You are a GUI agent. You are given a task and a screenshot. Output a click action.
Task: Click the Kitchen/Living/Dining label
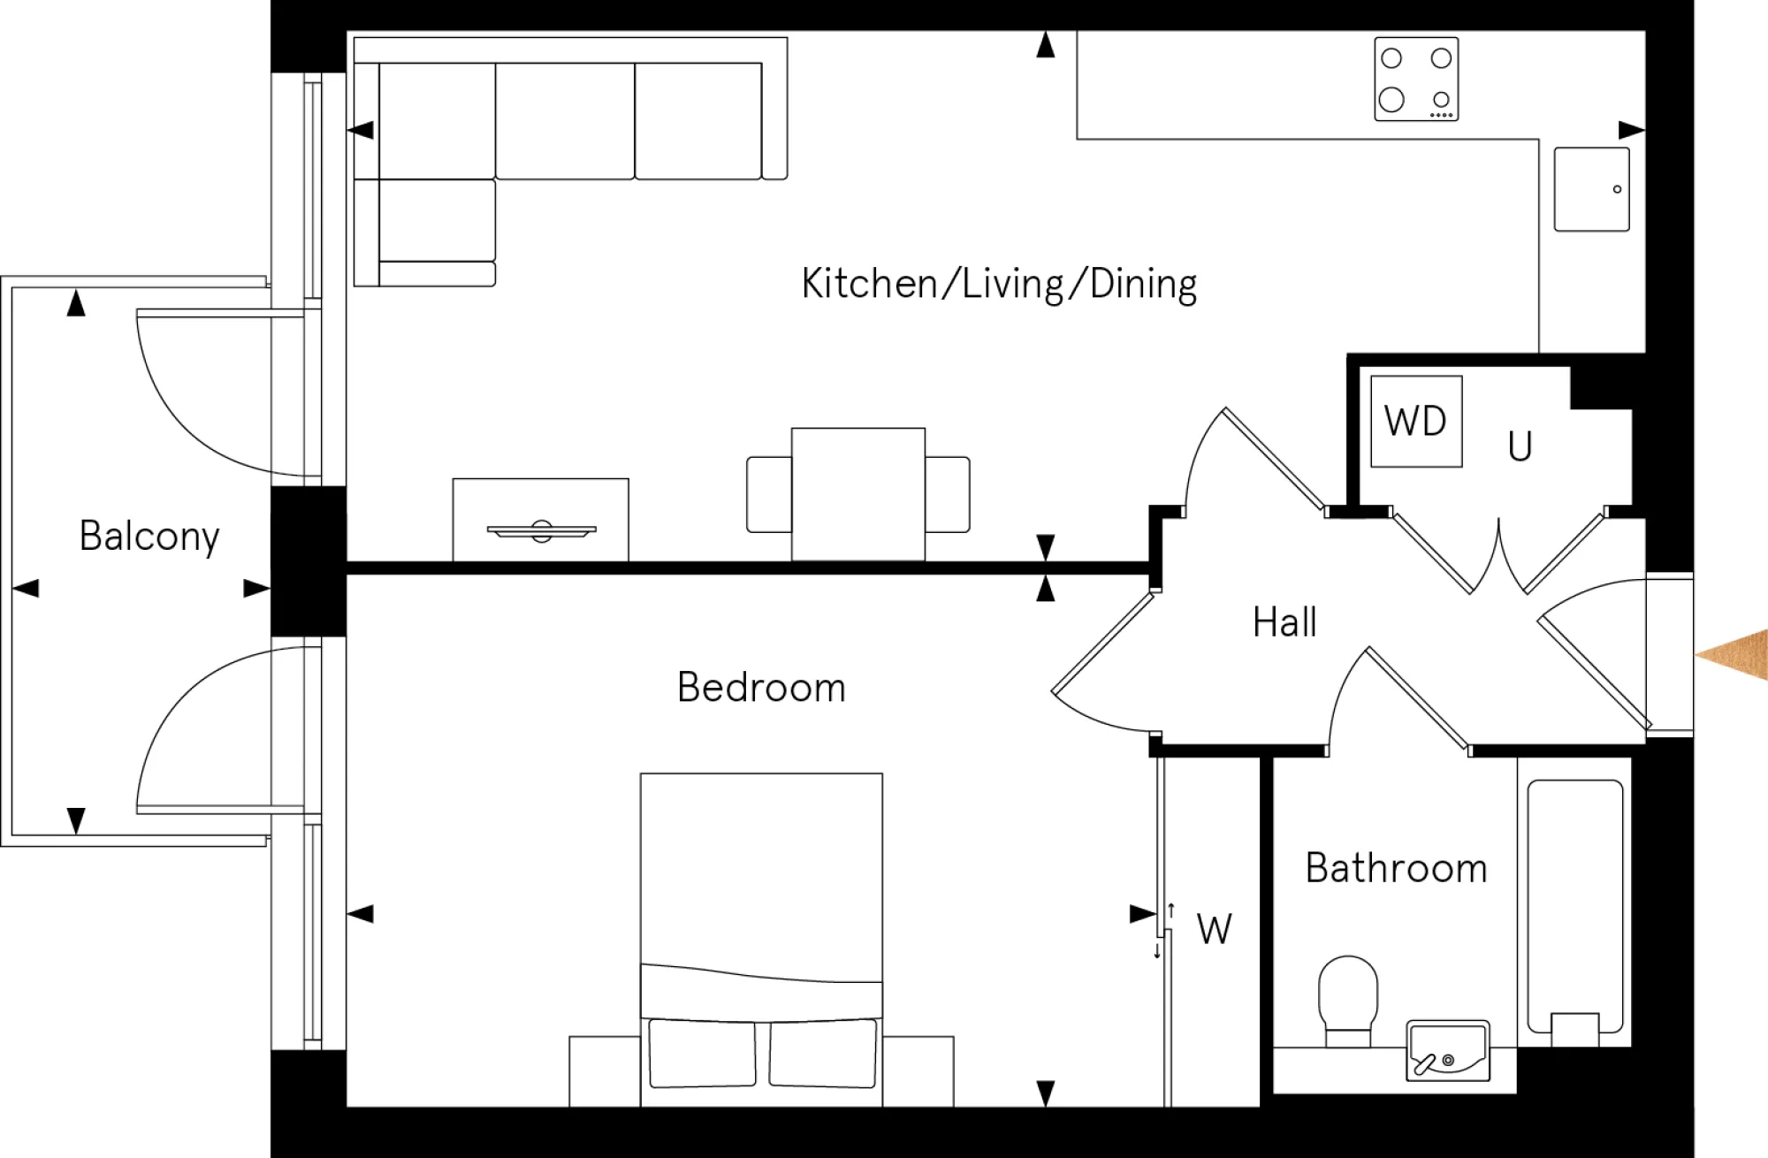pos(999,285)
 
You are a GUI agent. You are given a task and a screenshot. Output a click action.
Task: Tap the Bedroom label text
pos(761,688)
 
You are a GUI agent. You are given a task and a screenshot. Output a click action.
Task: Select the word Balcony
pos(149,537)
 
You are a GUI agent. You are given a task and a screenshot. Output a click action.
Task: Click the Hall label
pos(1284,622)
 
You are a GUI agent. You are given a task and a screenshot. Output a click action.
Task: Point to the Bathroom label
pos(1396,868)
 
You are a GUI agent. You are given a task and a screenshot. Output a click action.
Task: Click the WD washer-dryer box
pos(1416,422)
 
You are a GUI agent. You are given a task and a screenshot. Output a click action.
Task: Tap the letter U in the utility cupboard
pos(1520,447)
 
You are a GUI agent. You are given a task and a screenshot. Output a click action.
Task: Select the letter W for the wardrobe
pos(1214,930)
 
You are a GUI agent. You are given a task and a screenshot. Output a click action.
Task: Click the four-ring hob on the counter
pos(1416,80)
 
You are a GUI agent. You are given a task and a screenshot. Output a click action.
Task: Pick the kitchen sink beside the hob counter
pos(1591,189)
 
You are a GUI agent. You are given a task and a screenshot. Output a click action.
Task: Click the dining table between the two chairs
pos(857,493)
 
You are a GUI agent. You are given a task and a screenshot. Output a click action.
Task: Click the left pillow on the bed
pos(702,1053)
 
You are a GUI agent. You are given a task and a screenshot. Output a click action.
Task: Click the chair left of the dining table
pos(768,494)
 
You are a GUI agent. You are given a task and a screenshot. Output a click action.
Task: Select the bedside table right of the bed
pos(918,1070)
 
